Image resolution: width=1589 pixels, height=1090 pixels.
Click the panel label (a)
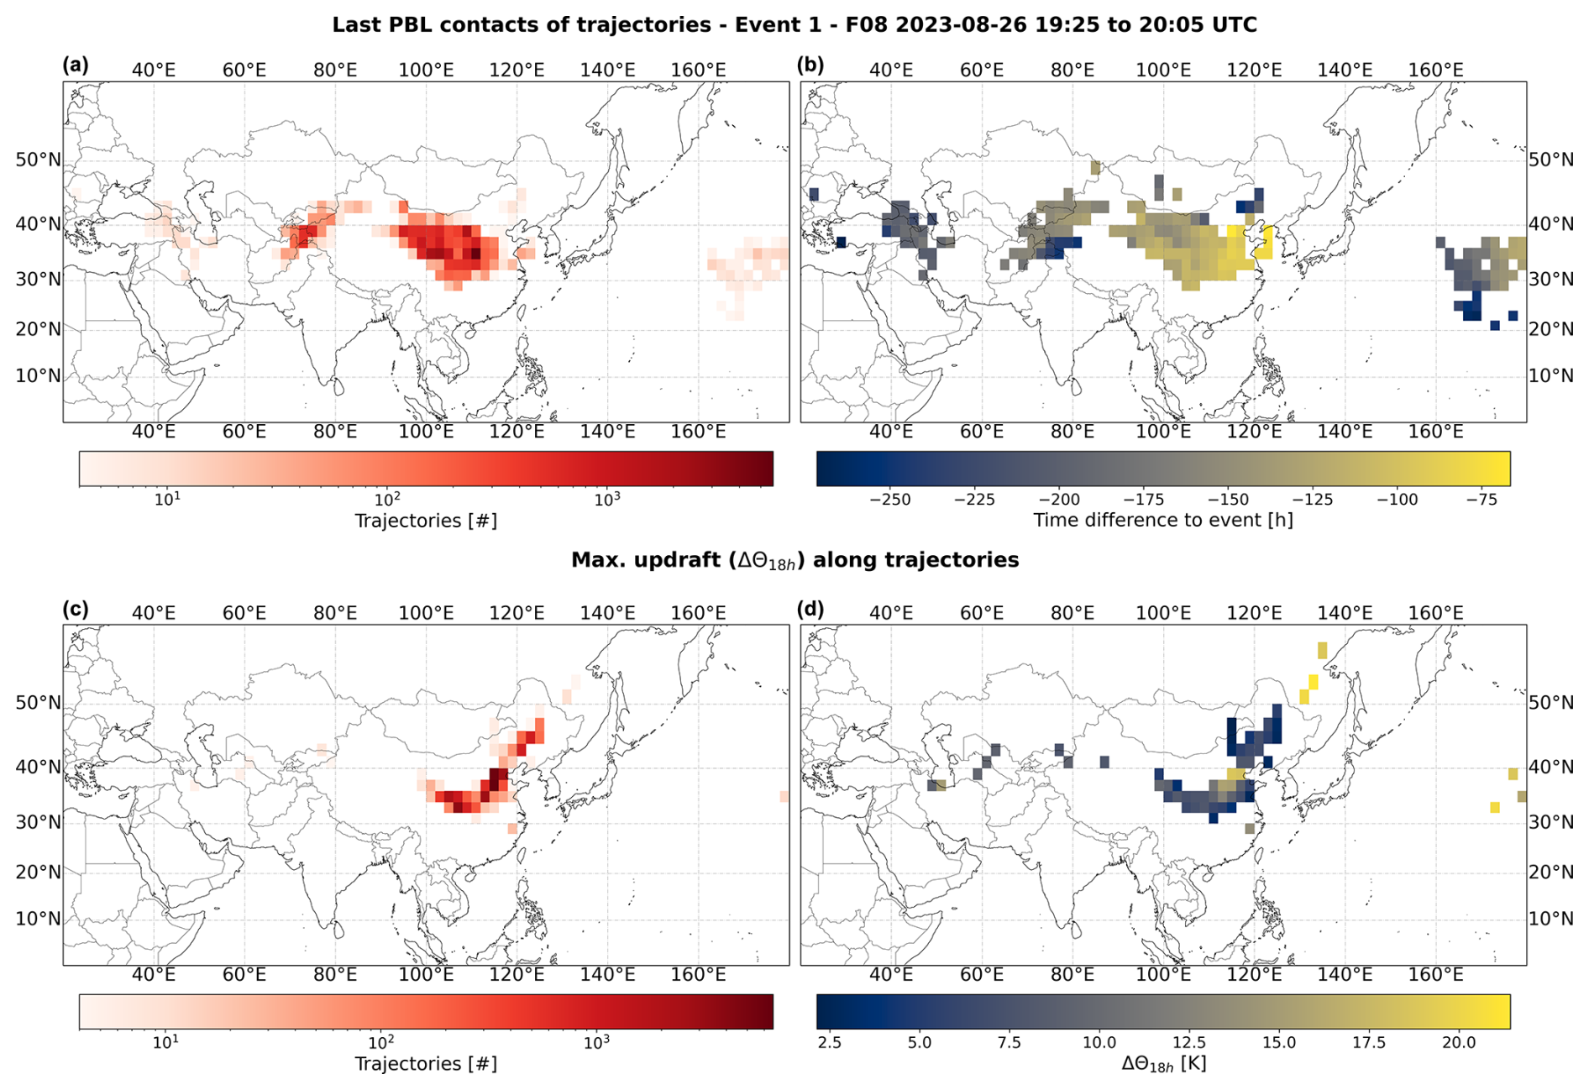tap(75, 66)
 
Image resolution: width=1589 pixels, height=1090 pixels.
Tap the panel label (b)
tap(811, 66)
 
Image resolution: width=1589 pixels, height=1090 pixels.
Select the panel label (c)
tap(75, 609)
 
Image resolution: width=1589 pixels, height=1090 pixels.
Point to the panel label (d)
tap(811, 609)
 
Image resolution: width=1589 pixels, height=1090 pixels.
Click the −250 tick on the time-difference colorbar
tap(890, 500)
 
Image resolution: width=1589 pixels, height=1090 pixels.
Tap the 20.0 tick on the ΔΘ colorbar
tap(1459, 1043)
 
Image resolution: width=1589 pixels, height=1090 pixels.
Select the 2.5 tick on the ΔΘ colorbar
tap(830, 1043)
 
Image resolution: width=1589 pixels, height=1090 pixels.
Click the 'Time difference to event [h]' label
tap(1163, 521)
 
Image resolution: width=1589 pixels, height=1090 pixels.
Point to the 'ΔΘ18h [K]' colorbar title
tap(1163, 1064)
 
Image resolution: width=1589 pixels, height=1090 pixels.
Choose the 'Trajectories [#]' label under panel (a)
tap(426, 521)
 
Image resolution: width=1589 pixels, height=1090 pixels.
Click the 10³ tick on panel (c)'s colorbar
tap(596, 1042)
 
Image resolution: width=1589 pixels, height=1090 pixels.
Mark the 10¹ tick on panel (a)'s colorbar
tap(167, 499)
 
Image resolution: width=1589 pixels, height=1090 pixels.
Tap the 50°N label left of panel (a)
tap(38, 160)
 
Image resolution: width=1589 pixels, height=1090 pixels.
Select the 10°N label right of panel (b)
tap(1550, 375)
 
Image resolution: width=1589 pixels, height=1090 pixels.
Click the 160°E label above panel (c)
tap(699, 613)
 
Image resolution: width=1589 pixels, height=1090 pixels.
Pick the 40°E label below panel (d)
tap(891, 975)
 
